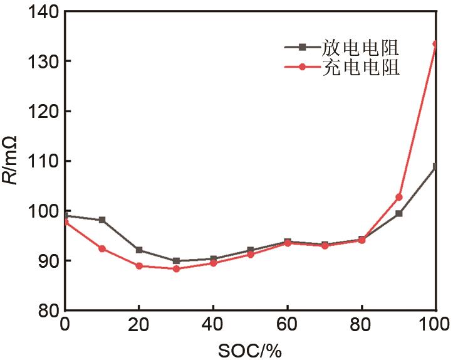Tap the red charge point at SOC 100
(x=436, y=44)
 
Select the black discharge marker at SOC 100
(x=436, y=167)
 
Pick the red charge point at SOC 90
(x=398, y=197)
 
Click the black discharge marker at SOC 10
(x=102, y=220)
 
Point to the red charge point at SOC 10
(x=102, y=248)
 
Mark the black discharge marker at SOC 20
(x=139, y=250)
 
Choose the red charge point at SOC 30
(x=176, y=268)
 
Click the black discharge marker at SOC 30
(x=176, y=261)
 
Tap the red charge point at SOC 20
(x=139, y=266)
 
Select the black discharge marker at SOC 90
(x=398, y=213)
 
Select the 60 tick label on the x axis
(x=288, y=325)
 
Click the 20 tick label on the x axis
(x=139, y=325)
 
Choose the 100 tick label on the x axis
(x=434, y=325)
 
